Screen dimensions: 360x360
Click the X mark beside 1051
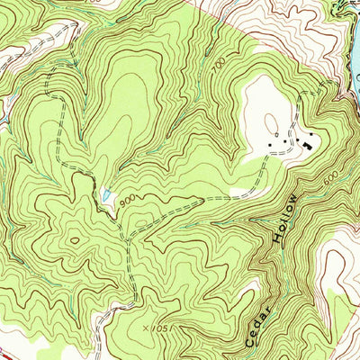coord(143,329)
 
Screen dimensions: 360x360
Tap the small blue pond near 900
coord(107,193)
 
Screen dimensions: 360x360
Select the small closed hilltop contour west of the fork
coord(73,240)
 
